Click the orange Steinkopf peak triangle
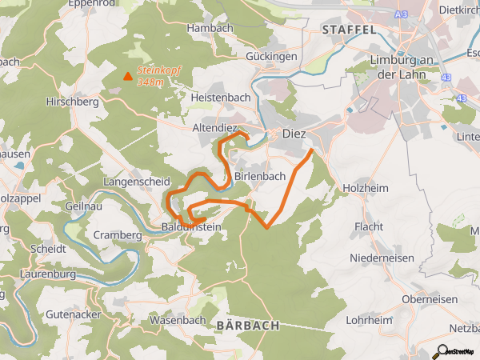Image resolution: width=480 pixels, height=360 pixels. coord(127,76)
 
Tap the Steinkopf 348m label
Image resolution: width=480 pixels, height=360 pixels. coord(158,76)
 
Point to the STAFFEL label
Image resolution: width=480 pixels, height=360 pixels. coord(349,29)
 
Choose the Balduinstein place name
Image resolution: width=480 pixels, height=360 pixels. coord(191,228)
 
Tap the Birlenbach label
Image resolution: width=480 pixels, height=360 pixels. coord(261,177)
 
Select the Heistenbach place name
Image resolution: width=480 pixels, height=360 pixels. coord(221,97)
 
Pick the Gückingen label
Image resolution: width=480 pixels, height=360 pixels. coord(271,57)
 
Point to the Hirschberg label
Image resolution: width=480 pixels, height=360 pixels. coord(72,102)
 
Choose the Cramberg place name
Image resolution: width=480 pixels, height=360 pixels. coord(118,235)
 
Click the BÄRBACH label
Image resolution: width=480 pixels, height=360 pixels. coord(247,326)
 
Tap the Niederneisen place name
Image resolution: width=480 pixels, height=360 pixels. coord(382,258)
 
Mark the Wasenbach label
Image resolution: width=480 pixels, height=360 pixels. coord(178,320)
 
